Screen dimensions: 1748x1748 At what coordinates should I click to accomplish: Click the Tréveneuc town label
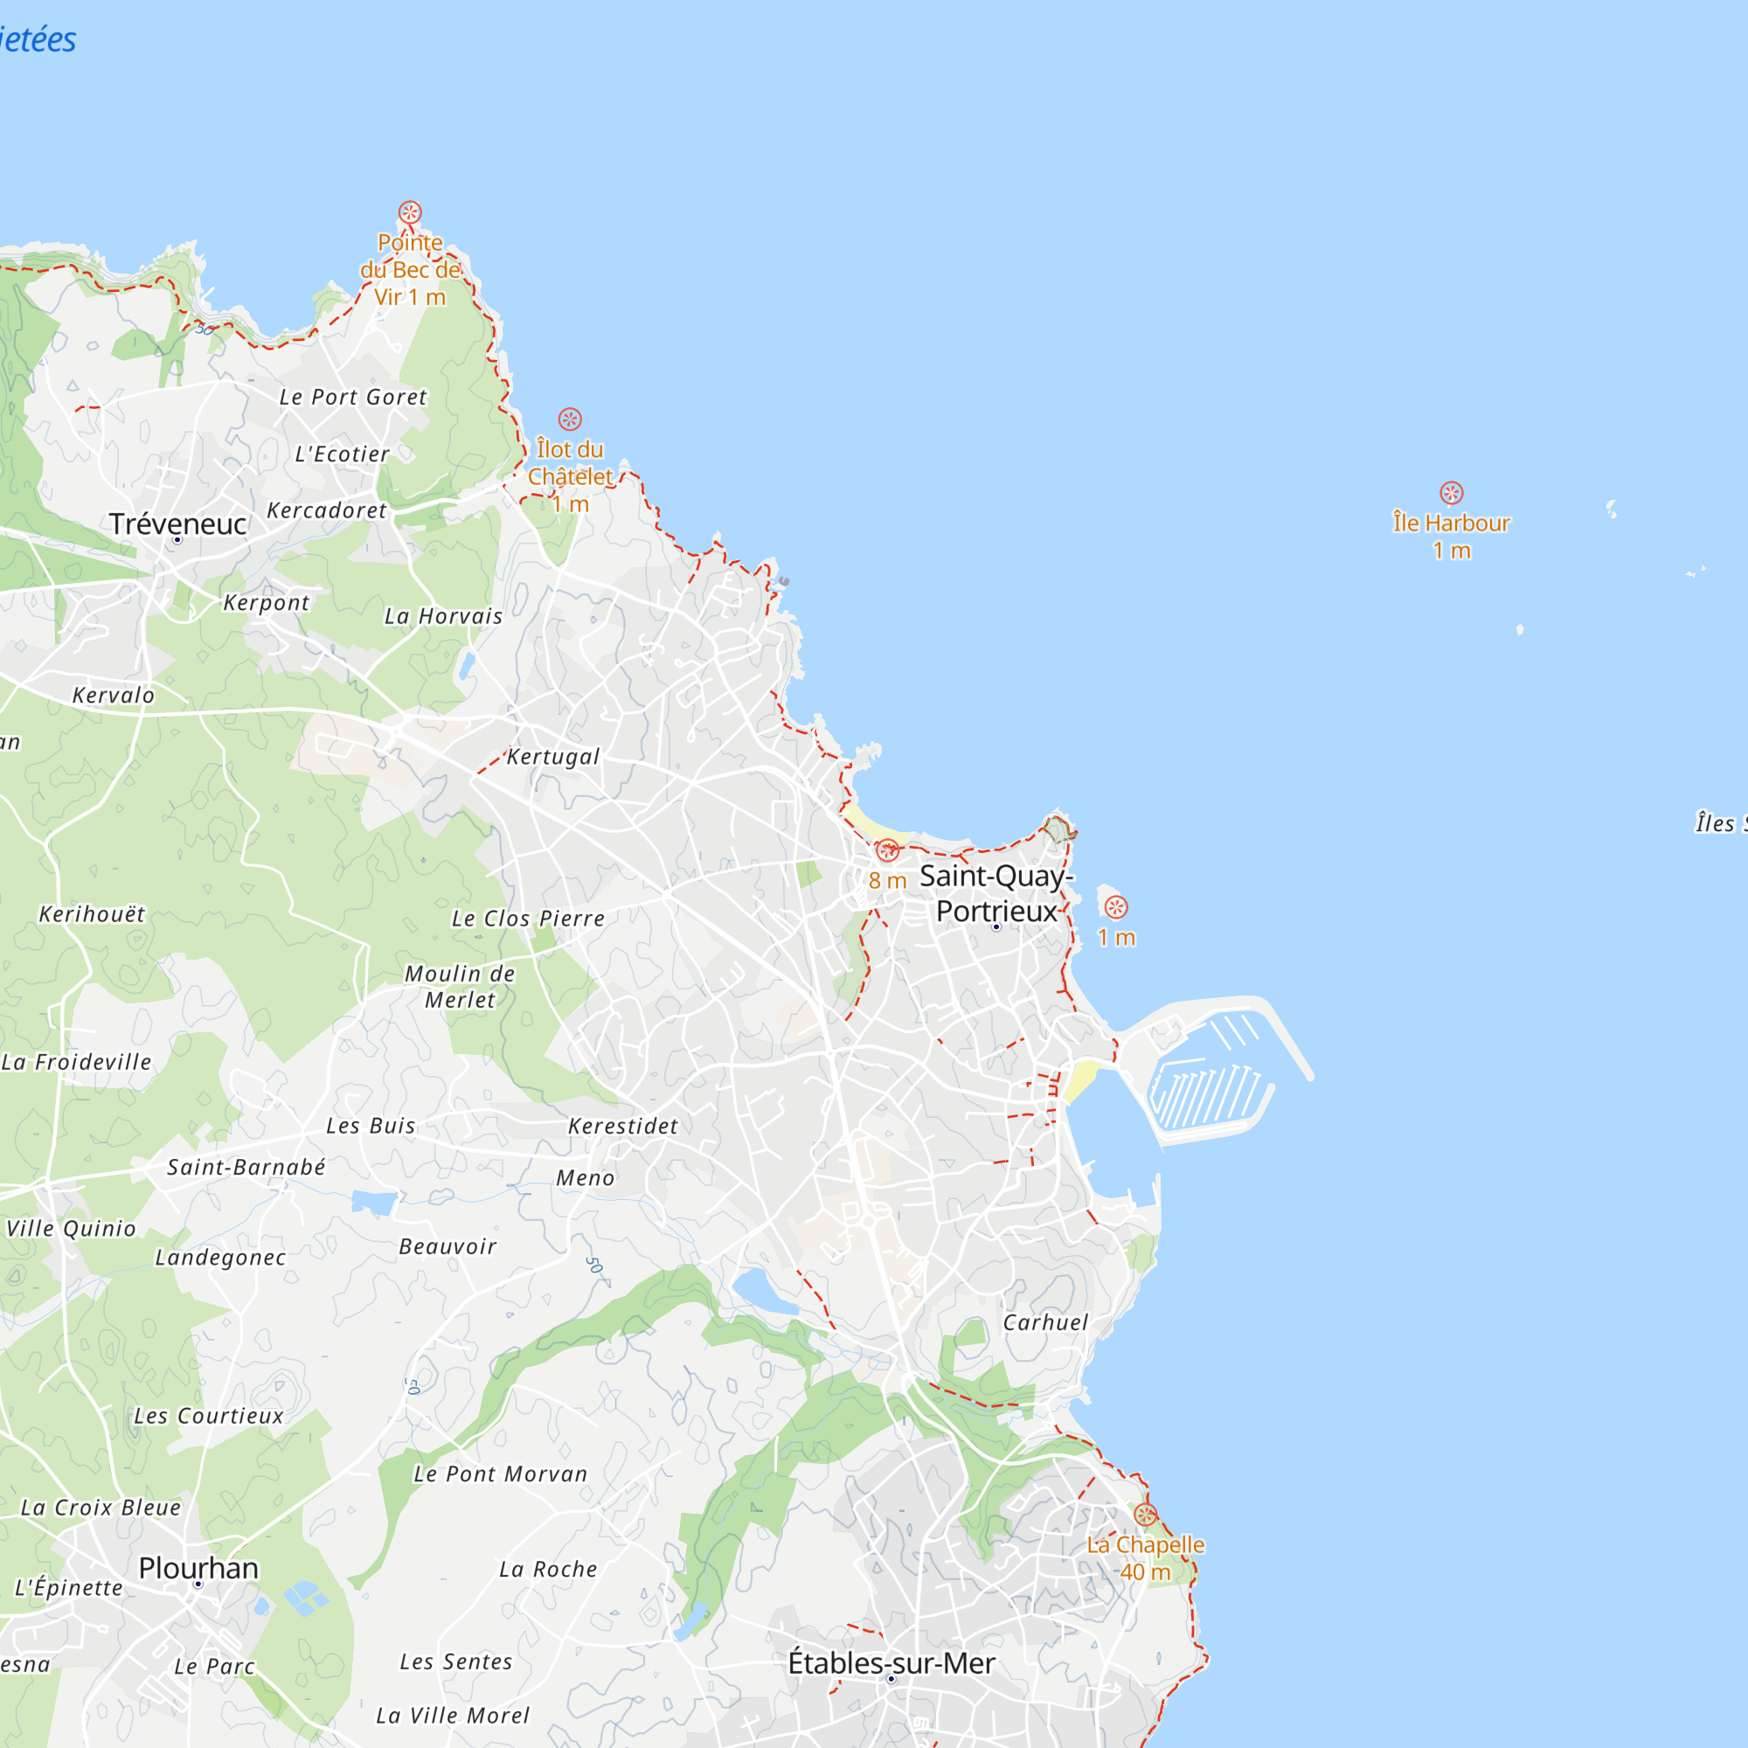(x=177, y=524)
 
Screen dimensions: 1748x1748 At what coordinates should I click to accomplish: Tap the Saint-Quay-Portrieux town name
(x=996, y=893)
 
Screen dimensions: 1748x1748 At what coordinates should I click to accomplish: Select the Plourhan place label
(x=198, y=1568)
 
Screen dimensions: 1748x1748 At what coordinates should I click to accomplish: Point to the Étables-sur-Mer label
(x=891, y=1663)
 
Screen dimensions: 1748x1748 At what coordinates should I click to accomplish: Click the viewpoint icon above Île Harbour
(x=1451, y=493)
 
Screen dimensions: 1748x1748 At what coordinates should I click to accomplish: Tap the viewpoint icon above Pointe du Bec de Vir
(x=410, y=212)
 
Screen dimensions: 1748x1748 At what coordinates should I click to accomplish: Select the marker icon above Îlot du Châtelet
(x=569, y=419)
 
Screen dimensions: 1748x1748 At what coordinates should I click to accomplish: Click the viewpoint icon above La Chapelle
(x=1146, y=1515)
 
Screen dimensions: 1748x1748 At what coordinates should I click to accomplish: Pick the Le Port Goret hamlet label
(x=353, y=397)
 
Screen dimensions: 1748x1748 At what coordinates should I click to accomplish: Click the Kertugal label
(x=553, y=756)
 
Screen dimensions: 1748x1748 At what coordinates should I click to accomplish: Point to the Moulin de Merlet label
(x=460, y=986)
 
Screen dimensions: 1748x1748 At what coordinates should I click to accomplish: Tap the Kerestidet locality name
(x=622, y=1126)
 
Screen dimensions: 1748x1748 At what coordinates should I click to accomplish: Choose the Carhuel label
(x=1045, y=1321)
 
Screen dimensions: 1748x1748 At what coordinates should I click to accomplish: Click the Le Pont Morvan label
(x=500, y=1474)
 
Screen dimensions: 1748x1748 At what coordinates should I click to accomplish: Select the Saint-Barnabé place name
(x=246, y=1167)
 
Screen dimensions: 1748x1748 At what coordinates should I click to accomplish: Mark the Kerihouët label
(x=92, y=914)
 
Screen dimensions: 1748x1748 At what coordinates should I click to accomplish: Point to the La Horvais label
(x=443, y=616)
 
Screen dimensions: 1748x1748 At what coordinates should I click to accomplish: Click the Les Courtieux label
(x=209, y=1416)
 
